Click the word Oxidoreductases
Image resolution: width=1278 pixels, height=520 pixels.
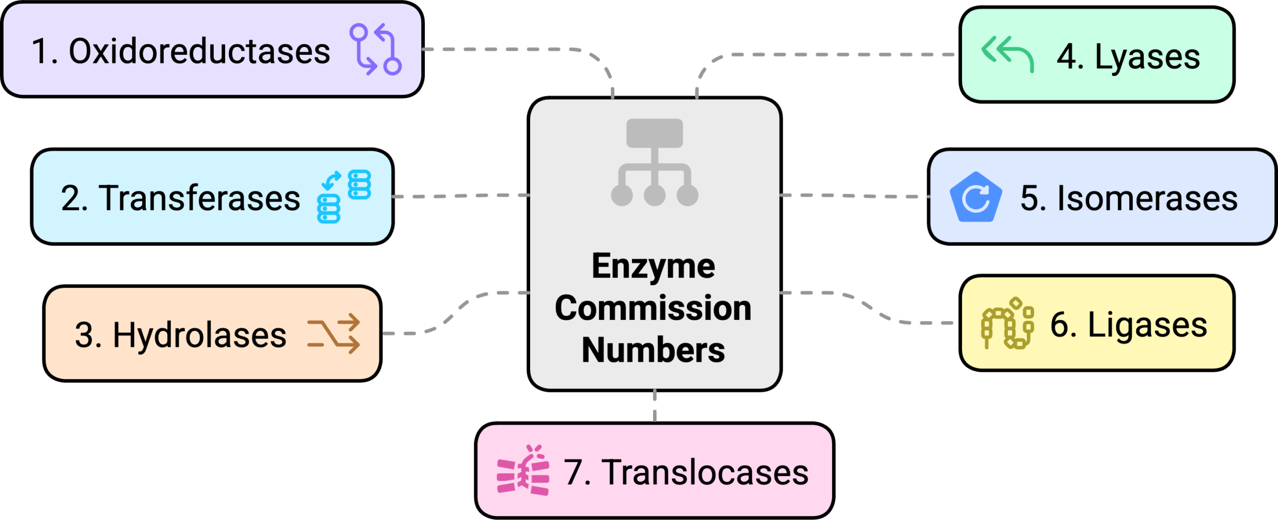tap(199, 51)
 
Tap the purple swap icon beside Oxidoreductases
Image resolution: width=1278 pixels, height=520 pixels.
tap(375, 49)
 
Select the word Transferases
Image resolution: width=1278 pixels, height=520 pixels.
tap(200, 198)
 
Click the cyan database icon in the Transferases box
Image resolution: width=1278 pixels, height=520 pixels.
tap(344, 197)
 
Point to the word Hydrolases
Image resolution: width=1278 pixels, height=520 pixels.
tap(199, 334)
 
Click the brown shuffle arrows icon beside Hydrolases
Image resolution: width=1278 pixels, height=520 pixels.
tap(333, 333)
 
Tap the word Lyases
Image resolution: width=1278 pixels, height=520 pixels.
tap(1147, 57)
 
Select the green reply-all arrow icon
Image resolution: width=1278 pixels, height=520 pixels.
tap(1007, 53)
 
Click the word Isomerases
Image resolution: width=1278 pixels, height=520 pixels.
tap(1147, 198)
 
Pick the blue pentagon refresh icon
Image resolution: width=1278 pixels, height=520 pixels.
tap(975, 198)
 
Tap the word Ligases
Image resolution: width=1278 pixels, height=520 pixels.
tap(1147, 325)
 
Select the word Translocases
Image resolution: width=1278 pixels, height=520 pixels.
tap(705, 472)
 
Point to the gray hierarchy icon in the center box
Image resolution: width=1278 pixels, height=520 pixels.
tap(654, 162)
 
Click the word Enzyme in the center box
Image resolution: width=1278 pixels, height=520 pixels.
tap(653, 266)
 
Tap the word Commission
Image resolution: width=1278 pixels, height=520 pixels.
tap(653, 308)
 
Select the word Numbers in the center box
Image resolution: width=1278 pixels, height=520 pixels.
tap(653, 350)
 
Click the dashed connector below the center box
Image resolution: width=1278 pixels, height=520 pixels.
tap(654, 406)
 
